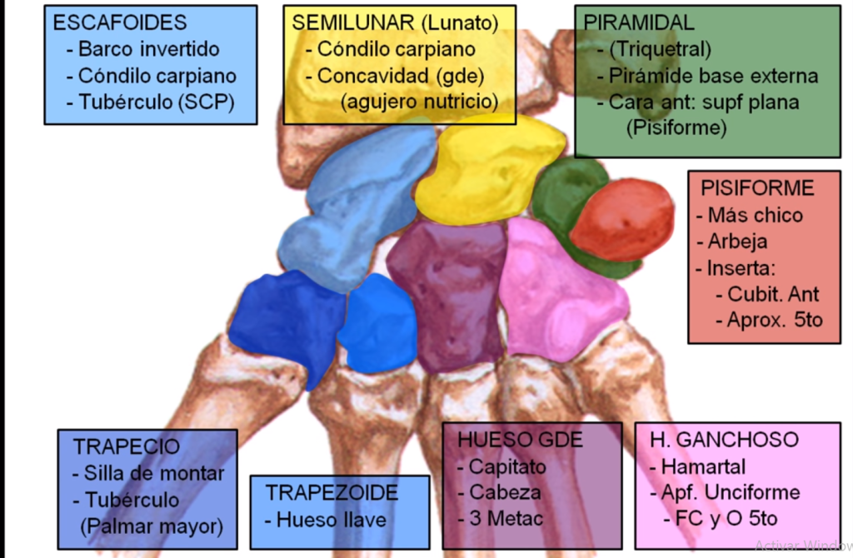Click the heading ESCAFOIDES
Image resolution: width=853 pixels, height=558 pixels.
[120, 22]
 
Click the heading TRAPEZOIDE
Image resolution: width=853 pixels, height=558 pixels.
[332, 492]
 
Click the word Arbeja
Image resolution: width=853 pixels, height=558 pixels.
[737, 242]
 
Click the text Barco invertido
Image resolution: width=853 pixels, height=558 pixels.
[148, 48]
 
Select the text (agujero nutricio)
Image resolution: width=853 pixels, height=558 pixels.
[419, 102]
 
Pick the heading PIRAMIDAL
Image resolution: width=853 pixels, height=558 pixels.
[639, 22]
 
